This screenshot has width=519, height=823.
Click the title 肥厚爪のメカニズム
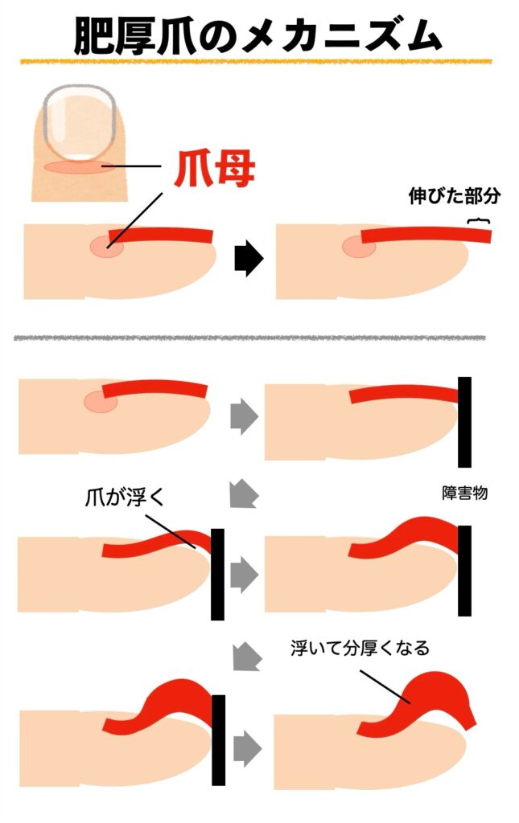(x=257, y=35)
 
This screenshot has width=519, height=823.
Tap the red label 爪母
(x=214, y=169)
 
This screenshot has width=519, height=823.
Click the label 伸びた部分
(x=455, y=196)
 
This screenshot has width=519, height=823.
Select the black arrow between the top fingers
(x=249, y=259)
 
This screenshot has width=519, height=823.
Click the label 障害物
(x=465, y=493)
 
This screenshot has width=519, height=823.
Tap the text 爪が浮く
(x=125, y=497)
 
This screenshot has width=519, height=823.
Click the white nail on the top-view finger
(x=80, y=122)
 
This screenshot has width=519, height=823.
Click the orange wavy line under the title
(x=256, y=61)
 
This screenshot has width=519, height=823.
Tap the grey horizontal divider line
(x=249, y=338)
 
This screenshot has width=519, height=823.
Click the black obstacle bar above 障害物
(x=464, y=422)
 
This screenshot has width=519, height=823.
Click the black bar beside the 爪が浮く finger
(x=217, y=574)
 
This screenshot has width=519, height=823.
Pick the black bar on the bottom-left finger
(x=219, y=740)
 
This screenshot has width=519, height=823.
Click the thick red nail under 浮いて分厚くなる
(x=420, y=701)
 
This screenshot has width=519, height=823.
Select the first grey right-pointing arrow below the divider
(x=245, y=417)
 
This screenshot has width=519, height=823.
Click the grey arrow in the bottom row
(x=247, y=748)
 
